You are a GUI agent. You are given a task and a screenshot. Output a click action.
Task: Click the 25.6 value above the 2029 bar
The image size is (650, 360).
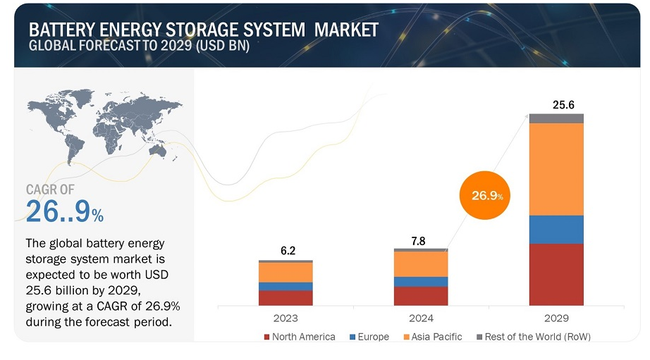pyautogui.click(x=563, y=105)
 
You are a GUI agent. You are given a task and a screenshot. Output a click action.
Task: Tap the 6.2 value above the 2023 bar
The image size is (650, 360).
pyautogui.click(x=286, y=251)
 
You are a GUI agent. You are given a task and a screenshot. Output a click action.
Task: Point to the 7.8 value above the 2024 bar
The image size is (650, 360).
pyautogui.click(x=418, y=241)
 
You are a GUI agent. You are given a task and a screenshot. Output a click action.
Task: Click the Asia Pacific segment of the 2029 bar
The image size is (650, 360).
pyautogui.click(x=556, y=169)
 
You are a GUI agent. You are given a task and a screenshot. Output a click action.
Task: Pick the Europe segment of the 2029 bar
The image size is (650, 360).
pyautogui.click(x=556, y=230)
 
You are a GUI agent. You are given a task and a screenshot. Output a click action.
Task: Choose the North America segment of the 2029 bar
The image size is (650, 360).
pyautogui.click(x=556, y=274)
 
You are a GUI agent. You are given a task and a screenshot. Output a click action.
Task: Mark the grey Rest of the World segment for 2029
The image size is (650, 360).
pyautogui.click(x=556, y=118)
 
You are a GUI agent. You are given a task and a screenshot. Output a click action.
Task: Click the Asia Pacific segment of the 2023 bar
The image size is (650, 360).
pyautogui.click(x=286, y=272)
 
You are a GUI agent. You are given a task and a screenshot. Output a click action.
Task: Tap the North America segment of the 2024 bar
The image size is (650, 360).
pyautogui.click(x=421, y=296)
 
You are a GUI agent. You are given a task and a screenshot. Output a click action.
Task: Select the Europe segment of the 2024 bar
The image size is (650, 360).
pyautogui.click(x=421, y=282)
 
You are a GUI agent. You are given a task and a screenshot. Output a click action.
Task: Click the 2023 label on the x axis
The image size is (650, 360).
pyautogui.click(x=286, y=318)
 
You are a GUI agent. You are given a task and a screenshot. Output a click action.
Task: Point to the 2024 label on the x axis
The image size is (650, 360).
pyautogui.click(x=421, y=318)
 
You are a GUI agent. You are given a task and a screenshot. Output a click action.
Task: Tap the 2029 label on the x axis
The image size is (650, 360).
pyautogui.click(x=556, y=318)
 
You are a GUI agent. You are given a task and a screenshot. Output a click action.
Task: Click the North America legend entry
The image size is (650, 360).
pyautogui.click(x=299, y=337)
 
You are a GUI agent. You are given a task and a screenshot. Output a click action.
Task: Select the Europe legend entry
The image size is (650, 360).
pyautogui.click(x=369, y=337)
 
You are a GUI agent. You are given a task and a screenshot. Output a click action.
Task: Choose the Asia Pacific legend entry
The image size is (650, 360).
pyautogui.click(x=432, y=337)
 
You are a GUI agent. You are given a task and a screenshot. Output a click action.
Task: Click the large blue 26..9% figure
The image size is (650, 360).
pyautogui.click(x=64, y=212)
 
